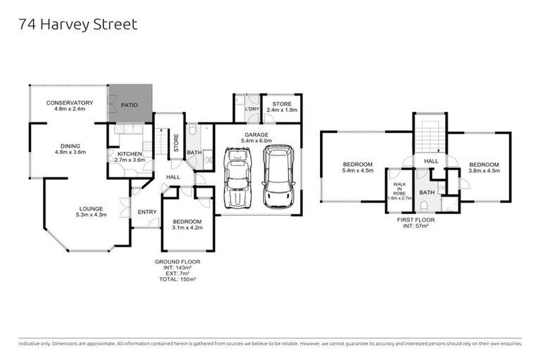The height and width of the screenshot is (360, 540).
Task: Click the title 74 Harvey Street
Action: [77, 25]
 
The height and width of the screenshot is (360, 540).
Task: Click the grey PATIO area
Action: [129, 105]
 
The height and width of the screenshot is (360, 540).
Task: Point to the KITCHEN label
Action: [129, 154]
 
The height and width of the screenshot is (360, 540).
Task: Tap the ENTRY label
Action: [148, 212]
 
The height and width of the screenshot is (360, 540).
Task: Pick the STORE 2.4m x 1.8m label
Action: [281, 107]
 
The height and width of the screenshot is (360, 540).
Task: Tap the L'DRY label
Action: [251, 110]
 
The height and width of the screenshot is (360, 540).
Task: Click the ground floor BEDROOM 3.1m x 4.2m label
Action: [187, 225]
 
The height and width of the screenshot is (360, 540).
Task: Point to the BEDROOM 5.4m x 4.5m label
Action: [357, 167]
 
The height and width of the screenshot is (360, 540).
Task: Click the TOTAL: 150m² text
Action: [178, 279]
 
